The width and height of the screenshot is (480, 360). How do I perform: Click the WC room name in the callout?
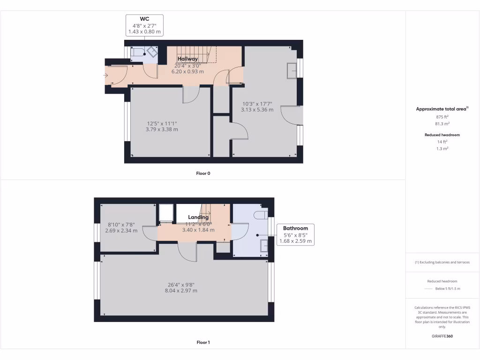tap(144, 19)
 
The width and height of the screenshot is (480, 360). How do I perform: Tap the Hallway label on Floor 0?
tap(187, 59)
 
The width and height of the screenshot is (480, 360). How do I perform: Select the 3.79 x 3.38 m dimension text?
tap(162, 129)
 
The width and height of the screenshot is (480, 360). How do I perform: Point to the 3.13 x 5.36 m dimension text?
tap(257, 110)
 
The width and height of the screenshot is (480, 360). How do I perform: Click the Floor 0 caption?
tap(203, 173)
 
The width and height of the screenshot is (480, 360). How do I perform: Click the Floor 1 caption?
tap(203, 343)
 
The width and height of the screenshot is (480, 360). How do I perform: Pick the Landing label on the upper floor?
tap(198, 217)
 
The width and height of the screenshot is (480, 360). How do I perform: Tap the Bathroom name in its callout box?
tap(295, 228)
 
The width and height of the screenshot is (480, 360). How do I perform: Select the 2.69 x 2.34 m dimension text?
tap(121, 230)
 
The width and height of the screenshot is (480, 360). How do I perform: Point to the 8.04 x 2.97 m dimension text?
tap(181, 291)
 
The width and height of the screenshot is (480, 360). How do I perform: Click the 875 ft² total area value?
tap(442, 117)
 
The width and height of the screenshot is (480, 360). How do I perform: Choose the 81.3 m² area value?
tap(442, 124)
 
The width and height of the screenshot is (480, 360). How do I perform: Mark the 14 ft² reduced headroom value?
tap(442, 142)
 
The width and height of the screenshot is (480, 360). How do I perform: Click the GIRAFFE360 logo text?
tap(442, 336)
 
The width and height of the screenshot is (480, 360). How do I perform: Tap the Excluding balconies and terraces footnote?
tap(442, 262)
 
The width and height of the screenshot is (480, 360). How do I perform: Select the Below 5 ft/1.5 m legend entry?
tap(448, 289)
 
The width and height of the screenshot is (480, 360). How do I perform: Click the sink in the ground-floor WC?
tap(152, 52)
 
